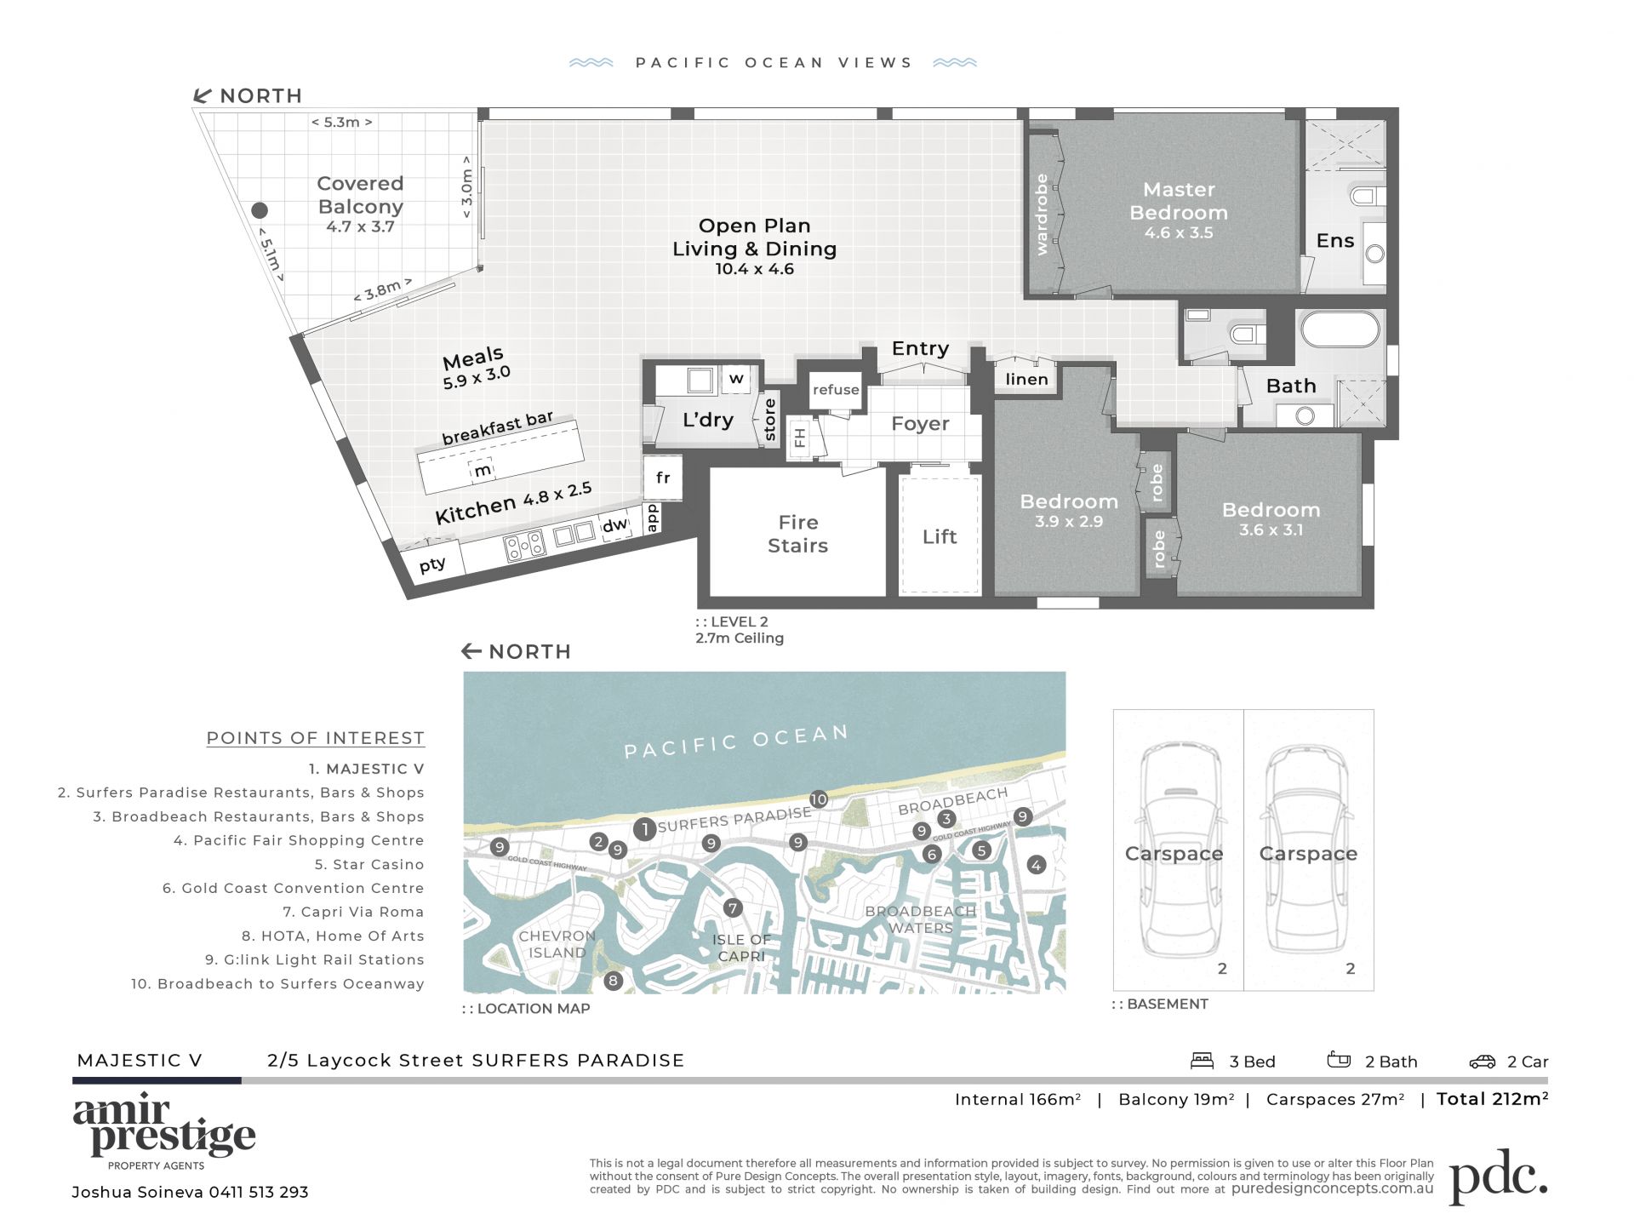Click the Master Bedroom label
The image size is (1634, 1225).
click(x=1178, y=201)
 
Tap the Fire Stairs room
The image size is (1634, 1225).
click(x=797, y=532)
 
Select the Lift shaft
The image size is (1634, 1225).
click(x=940, y=535)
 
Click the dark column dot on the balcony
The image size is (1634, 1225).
click(x=260, y=210)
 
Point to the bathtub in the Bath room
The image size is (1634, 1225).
click(x=1340, y=329)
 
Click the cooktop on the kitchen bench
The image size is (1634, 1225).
click(x=524, y=545)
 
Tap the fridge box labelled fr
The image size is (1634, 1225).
click(x=662, y=478)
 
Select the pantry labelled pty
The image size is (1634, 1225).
click(x=432, y=563)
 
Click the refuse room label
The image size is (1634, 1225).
click(x=836, y=390)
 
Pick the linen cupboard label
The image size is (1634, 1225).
click(x=1026, y=380)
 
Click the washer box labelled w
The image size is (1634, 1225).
click(x=736, y=378)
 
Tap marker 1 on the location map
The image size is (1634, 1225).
click(x=644, y=828)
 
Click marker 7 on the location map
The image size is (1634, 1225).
click(x=733, y=908)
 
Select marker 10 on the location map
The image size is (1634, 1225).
click(x=819, y=799)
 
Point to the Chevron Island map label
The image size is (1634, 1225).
click(x=557, y=944)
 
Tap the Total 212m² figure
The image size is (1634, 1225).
click(x=1492, y=1099)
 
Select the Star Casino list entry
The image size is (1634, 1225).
click(x=369, y=864)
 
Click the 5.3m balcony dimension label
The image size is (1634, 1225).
click(x=341, y=123)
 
